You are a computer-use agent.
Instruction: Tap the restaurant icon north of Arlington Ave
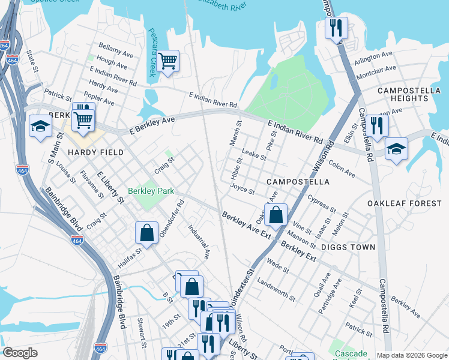tap(336, 28)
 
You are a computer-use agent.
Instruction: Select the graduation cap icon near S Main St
tap(40, 126)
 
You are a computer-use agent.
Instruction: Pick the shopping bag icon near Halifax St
tap(146, 233)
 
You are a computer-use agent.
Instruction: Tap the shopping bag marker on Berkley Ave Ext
tap(275, 215)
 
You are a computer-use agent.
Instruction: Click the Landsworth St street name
tap(276, 289)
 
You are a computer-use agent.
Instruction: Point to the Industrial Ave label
tap(199, 241)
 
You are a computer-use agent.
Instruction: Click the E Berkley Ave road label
tap(152, 123)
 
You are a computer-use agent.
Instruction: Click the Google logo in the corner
tap(20, 353)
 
